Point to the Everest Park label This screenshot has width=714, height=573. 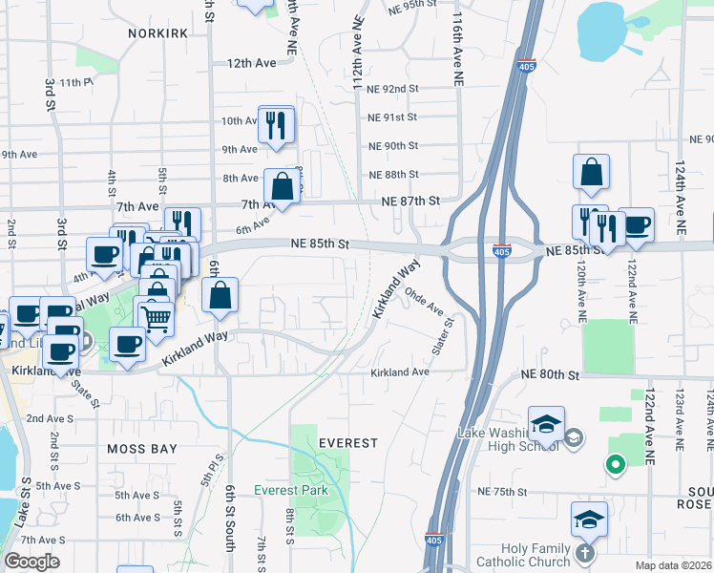pyautogui.click(x=291, y=491)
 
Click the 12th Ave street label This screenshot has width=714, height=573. pyautogui.click(x=251, y=63)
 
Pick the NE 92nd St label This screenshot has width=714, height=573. pyautogui.click(x=393, y=89)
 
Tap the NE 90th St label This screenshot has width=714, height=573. pyautogui.click(x=393, y=146)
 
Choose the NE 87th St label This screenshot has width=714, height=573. pyautogui.click(x=409, y=202)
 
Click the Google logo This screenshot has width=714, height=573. pyautogui.click(x=31, y=562)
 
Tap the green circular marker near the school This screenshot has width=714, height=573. pyautogui.click(x=616, y=465)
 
